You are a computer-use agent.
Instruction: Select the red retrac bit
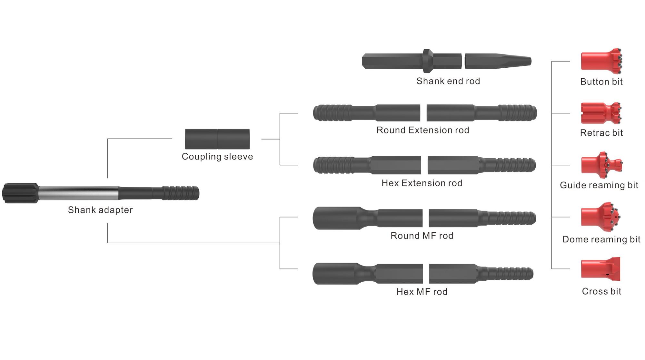tap(601, 113)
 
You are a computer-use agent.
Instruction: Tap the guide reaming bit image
tap(602, 165)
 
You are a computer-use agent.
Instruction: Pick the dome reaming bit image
tap(601, 217)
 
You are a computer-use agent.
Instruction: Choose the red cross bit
tap(600, 269)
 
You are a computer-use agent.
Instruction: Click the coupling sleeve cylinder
tap(217, 139)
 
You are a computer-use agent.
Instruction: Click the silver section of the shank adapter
tap(78, 193)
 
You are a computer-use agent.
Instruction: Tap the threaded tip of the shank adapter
tap(181, 193)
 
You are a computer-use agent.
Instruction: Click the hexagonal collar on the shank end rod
tap(428, 61)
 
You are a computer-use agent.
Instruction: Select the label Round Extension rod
tap(423, 130)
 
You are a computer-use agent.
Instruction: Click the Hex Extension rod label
tap(422, 183)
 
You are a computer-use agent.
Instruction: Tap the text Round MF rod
tap(422, 236)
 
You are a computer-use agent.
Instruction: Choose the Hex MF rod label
tap(422, 292)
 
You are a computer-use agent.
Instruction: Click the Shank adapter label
tap(100, 210)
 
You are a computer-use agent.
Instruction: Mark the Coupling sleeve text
tap(217, 157)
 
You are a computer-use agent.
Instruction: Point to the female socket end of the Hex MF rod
tap(335, 274)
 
